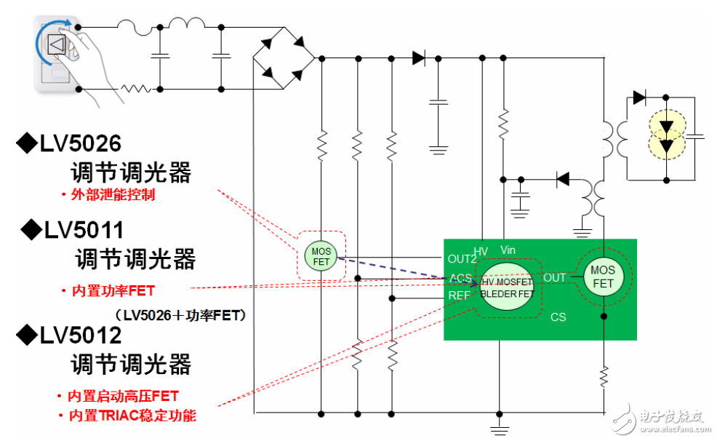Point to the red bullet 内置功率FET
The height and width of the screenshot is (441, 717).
(113, 290)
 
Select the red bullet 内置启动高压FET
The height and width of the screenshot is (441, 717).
(122, 396)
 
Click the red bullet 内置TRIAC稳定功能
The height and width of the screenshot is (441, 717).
(132, 416)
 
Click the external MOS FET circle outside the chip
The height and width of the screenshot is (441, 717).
(321, 257)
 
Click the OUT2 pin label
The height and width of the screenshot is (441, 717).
(462, 258)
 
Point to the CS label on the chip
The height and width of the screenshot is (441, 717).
(558, 317)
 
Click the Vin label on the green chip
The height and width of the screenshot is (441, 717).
(508, 250)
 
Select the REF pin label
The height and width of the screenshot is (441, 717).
(459, 296)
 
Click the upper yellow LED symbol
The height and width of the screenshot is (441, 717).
(666, 125)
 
